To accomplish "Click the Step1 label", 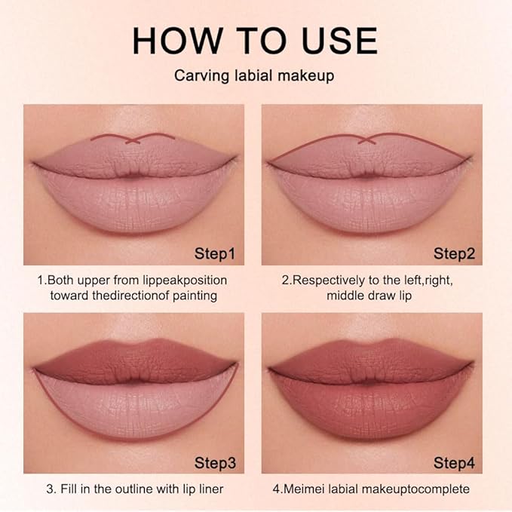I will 215,253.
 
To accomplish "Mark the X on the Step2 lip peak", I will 367,139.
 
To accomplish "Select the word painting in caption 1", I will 194,295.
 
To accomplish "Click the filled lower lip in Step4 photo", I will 368,407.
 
